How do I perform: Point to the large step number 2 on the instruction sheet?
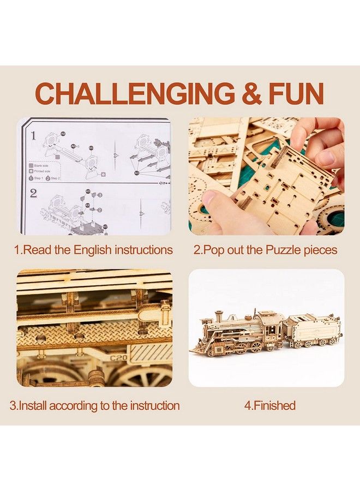33,193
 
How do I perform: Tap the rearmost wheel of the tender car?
332,342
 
